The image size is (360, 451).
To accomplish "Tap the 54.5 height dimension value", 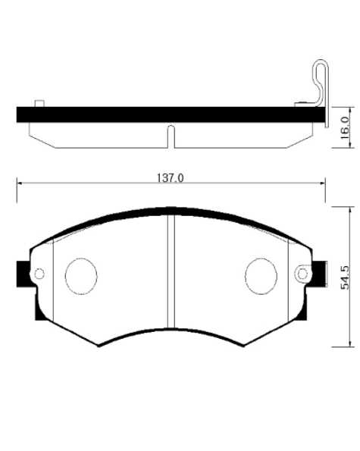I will point(346,277).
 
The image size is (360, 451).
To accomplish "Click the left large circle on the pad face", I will point(81,276).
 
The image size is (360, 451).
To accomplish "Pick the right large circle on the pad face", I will point(261,276).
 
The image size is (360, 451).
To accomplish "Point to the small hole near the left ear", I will point(40,274).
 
